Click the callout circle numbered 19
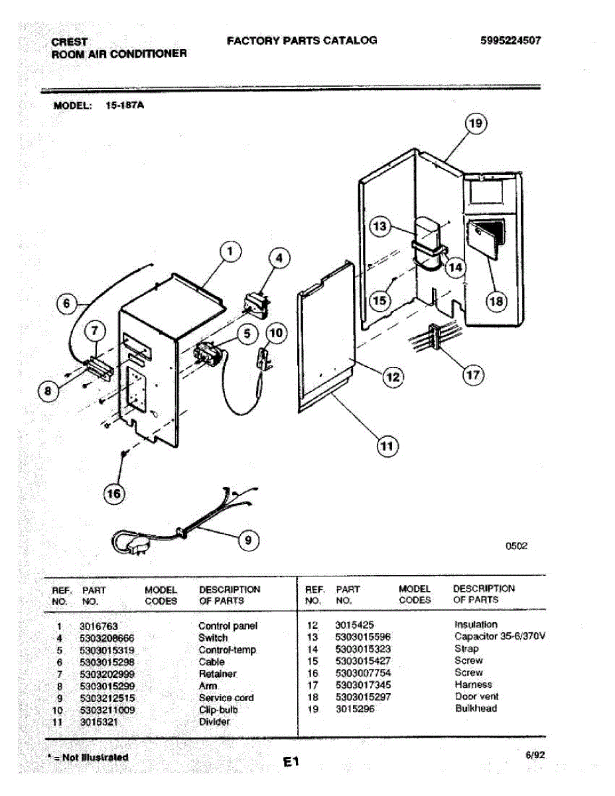[x=476, y=123]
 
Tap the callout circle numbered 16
[x=113, y=494]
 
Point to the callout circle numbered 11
[x=387, y=446]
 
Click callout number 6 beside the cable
[x=66, y=303]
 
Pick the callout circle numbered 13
[x=380, y=226]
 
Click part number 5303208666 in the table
[x=107, y=639]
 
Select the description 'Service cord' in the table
[x=226, y=698]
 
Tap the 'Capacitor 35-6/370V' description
[x=500, y=636]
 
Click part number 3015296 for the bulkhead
[x=355, y=709]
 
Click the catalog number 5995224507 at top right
[x=511, y=40]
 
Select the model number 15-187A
[x=125, y=105]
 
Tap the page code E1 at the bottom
[x=291, y=762]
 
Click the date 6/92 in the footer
[x=535, y=755]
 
